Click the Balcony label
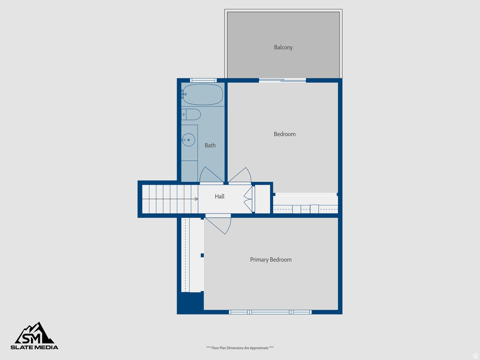tap(283, 47)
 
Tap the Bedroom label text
tap(285, 134)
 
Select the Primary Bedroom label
tap(270, 260)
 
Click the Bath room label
tap(210, 145)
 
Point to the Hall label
tap(219, 196)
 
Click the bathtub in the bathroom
tap(202, 95)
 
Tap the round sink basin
tap(188, 140)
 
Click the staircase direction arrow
tap(195, 199)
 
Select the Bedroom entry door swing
tap(240, 175)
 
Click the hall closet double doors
tap(248, 199)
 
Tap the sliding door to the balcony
tap(282, 81)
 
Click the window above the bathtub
tap(203, 80)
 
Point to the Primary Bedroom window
tap(270, 312)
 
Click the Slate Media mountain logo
tap(35, 333)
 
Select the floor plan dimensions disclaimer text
tap(240, 348)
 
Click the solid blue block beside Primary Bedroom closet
tap(190, 303)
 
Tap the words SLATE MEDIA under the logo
tap(35, 347)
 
